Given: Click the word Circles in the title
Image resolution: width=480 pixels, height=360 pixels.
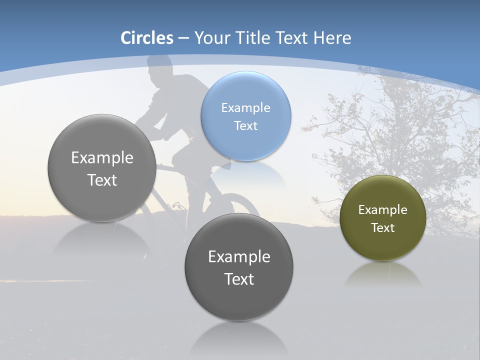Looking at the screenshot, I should tap(147, 38).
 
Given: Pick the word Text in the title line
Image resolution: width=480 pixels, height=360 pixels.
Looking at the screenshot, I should tap(292, 38).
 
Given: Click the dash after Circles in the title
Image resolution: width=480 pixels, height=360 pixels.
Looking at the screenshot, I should tap(183, 38).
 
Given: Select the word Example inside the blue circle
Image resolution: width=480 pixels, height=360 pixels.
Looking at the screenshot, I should tap(245, 107).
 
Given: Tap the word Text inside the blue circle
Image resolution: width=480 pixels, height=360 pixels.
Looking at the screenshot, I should tap(245, 125).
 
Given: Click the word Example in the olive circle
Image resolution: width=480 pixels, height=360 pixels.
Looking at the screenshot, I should tap(382, 209).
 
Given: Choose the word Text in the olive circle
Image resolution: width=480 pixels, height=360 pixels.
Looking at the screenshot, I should tap(382, 227).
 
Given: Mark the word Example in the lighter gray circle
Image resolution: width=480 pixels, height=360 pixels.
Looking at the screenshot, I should tap(102, 157).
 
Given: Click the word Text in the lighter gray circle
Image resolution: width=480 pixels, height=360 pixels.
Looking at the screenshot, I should tap(102, 180).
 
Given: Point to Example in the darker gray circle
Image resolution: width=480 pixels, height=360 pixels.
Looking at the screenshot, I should tap(239, 256).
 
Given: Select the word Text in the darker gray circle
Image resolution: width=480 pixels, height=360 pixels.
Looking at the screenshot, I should tap(239, 279).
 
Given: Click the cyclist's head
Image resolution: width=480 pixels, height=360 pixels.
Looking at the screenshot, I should tap(160, 67).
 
